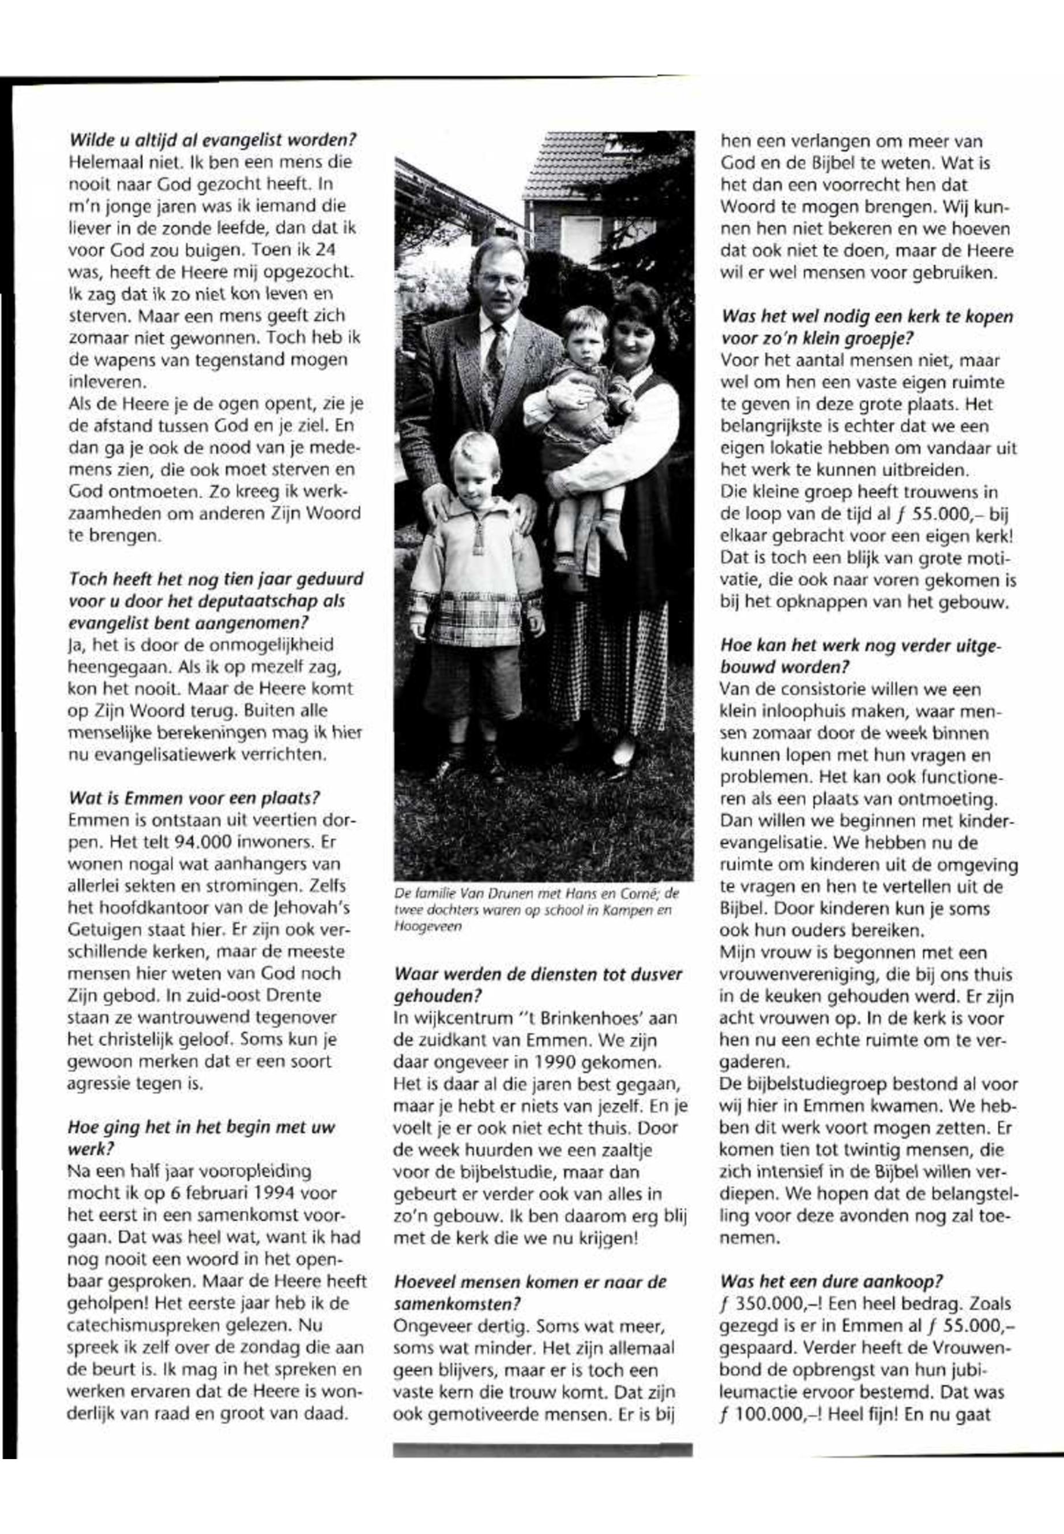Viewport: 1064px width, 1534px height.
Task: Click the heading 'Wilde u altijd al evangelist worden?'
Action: tap(213, 141)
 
